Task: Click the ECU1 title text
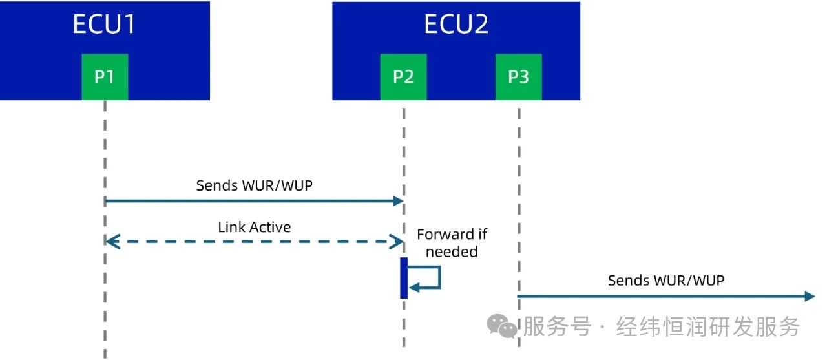(104, 25)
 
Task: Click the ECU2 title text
(455, 25)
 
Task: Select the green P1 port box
(105, 77)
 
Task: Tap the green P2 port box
(403, 77)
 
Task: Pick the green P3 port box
(518, 77)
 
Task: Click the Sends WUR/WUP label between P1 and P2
(254, 185)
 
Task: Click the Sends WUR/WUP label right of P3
(665, 281)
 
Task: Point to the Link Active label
(254, 227)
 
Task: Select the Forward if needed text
(452, 243)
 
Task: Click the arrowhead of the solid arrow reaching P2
(398, 201)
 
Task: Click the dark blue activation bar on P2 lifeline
(404, 278)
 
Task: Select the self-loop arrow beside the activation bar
(432, 278)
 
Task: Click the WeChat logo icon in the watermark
(502, 325)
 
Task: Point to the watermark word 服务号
(556, 326)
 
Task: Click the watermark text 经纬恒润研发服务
(708, 326)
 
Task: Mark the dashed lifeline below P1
(105, 149)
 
